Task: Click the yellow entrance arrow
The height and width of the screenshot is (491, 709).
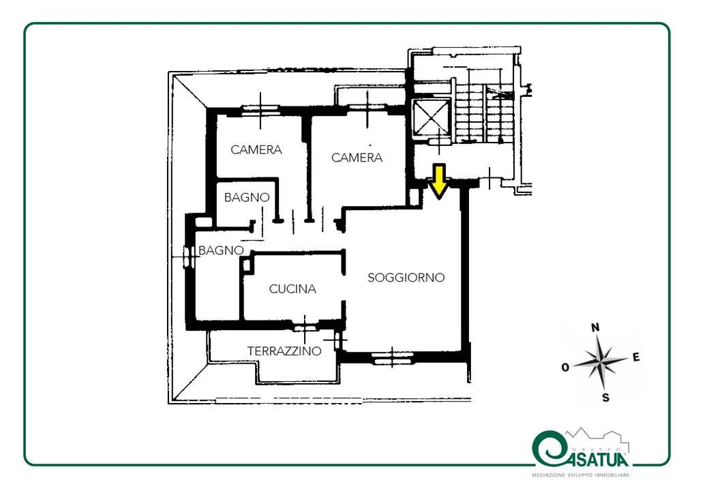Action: [438, 181]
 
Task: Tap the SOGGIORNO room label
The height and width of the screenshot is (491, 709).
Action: [406, 277]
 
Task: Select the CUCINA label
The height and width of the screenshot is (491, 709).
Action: [292, 289]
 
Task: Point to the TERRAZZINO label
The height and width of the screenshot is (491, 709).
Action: [284, 351]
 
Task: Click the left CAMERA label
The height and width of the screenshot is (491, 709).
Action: [256, 149]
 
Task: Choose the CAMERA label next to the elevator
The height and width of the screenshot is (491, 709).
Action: [357, 158]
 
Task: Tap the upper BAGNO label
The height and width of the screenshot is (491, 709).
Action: [247, 198]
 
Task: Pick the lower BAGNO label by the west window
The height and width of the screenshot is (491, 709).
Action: [221, 250]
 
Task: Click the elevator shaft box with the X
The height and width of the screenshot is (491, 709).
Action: [432, 117]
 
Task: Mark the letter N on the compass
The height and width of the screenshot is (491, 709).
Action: [596, 327]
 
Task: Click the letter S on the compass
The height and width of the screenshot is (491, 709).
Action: [605, 398]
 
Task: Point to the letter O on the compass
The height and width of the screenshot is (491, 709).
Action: [565, 367]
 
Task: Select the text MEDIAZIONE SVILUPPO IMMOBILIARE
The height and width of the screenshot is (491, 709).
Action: [581, 475]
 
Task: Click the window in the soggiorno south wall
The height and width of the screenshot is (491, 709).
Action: [392, 357]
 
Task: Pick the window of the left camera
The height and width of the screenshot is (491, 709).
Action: [260, 110]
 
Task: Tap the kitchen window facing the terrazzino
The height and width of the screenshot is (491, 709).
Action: [305, 327]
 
